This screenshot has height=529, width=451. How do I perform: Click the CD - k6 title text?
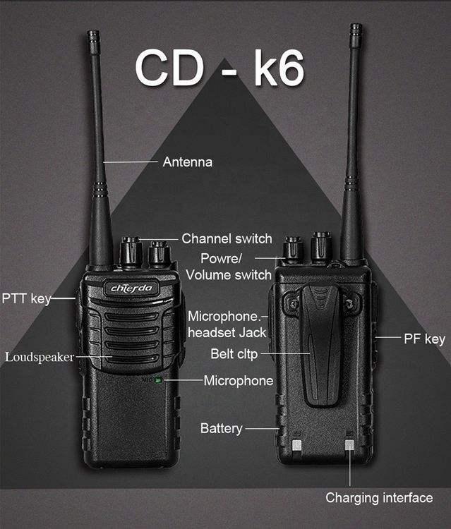click(x=220, y=68)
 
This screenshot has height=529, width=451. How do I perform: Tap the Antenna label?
click(x=187, y=162)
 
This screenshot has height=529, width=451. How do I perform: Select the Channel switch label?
click(x=227, y=238)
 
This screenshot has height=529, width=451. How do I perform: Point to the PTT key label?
click(x=26, y=298)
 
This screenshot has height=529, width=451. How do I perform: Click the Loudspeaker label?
click(x=40, y=358)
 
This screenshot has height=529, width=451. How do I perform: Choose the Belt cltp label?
click(x=234, y=354)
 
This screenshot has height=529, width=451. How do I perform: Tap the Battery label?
click(x=222, y=428)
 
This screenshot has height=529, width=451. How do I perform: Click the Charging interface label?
click(x=379, y=498)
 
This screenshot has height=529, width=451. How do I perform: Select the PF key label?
click(x=424, y=339)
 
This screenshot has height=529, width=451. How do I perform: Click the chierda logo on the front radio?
click(x=131, y=288)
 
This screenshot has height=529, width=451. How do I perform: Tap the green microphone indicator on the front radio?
click(x=158, y=380)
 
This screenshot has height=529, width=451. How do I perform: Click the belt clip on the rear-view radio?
click(x=320, y=344)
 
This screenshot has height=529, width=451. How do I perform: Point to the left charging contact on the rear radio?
click(x=297, y=445)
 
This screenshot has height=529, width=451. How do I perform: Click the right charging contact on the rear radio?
click(x=349, y=445)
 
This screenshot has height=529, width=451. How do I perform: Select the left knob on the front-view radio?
click(x=131, y=252)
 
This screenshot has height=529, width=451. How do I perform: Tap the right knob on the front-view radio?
click(x=158, y=254)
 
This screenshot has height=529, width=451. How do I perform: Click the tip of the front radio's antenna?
click(x=93, y=32)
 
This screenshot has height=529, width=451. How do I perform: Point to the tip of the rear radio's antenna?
click(x=356, y=25)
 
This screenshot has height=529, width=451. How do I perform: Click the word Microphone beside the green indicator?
click(x=239, y=381)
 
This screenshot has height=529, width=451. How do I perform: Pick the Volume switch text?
click(x=229, y=275)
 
